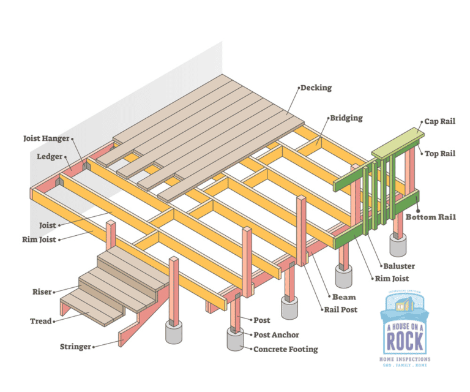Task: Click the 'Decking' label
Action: [x=316, y=88]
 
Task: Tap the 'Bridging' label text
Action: [x=347, y=118]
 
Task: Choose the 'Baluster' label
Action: [x=399, y=266]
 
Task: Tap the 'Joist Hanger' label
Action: [x=47, y=138]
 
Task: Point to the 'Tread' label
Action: [x=41, y=321]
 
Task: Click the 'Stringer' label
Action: [x=75, y=347]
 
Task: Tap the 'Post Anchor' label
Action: [x=277, y=335]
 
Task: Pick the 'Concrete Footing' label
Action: [x=286, y=349]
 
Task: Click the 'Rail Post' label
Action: [x=341, y=309]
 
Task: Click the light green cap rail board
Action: [x=398, y=141]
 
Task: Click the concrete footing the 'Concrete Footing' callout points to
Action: [x=235, y=341]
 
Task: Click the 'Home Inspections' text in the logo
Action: [x=405, y=359]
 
